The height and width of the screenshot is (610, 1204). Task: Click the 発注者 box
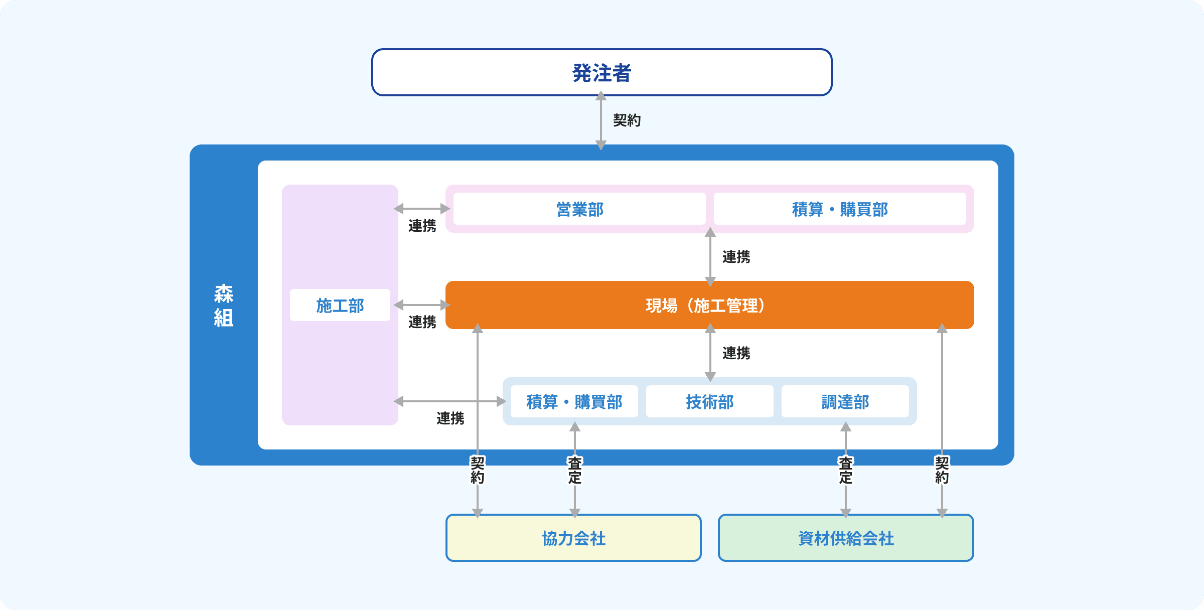click(x=601, y=72)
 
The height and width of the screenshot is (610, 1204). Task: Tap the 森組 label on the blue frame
click(x=223, y=306)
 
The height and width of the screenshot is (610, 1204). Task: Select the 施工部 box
click(x=340, y=305)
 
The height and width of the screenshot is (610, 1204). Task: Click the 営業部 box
click(x=579, y=209)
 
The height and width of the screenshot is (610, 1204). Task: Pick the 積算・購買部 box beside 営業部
click(x=840, y=209)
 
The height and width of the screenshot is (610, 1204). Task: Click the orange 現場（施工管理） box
click(x=709, y=305)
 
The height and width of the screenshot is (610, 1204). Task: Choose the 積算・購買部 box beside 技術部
click(x=574, y=401)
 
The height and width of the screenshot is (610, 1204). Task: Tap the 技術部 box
click(x=709, y=401)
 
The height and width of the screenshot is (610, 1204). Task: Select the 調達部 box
click(x=845, y=401)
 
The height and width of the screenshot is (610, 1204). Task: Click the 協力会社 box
click(x=573, y=538)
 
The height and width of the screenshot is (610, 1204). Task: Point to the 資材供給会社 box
click(x=846, y=538)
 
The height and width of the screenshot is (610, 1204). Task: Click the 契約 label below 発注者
click(x=627, y=120)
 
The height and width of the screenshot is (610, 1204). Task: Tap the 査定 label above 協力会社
click(x=575, y=470)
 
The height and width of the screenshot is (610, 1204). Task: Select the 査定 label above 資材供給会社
click(x=846, y=470)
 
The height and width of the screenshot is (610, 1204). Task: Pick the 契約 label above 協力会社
click(x=478, y=470)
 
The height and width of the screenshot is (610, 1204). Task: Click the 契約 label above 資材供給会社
click(x=942, y=470)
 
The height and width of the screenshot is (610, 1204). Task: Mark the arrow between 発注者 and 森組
click(x=601, y=120)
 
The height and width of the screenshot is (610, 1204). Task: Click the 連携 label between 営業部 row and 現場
click(x=736, y=257)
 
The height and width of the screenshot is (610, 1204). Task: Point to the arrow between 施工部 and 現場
click(x=421, y=305)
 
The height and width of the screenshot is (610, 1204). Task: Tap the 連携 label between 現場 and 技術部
click(x=736, y=353)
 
